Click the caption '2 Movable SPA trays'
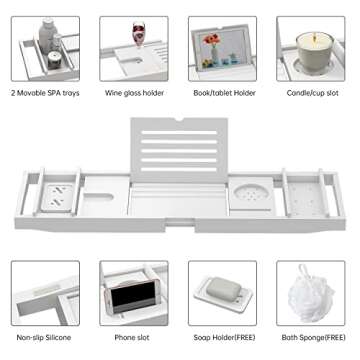pyautogui.click(x=45, y=93)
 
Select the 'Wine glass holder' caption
pyautogui.click(x=134, y=93)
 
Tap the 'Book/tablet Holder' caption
pyautogui.click(x=222, y=93)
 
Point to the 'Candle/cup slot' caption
pyautogui.click(x=312, y=93)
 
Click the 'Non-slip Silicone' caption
pyautogui.click(x=44, y=338)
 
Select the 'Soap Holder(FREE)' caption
pyautogui.click(x=222, y=338)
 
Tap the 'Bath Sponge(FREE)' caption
pyautogui.click(x=311, y=338)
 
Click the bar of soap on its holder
pyautogui.click(x=223, y=294)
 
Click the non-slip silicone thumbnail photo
pyautogui.click(x=45, y=294)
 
